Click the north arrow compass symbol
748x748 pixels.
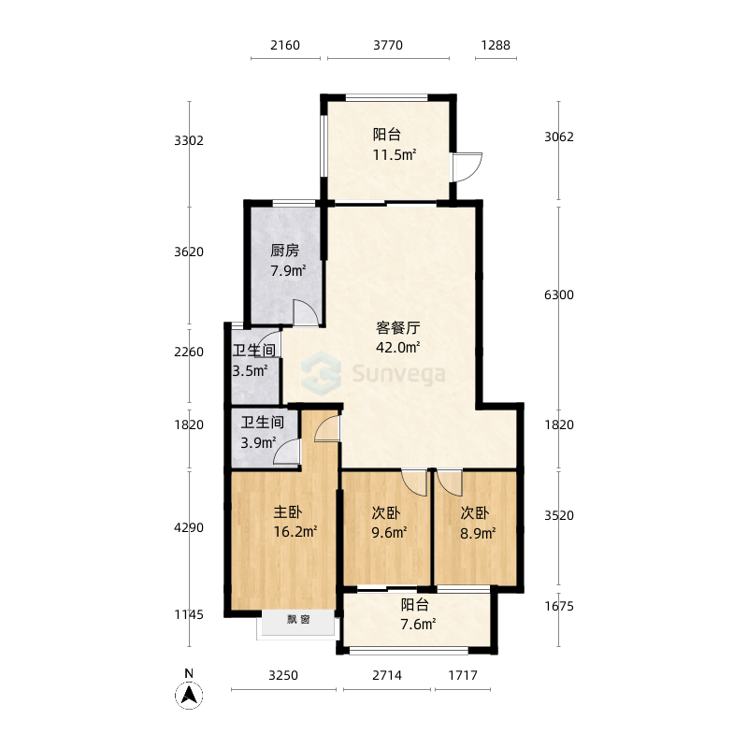[189, 695]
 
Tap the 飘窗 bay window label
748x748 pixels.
[298, 619]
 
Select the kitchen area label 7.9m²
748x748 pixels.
[288, 270]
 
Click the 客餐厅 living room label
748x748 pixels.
[398, 328]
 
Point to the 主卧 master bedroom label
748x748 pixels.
[287, 511]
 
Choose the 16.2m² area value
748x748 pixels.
[295, 531]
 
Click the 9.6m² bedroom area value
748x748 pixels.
[389, 532]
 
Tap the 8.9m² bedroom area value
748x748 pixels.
[478, 532]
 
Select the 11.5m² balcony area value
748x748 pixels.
[395, 154]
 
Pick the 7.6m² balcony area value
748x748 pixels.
[418, 624]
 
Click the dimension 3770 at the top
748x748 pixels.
[388, 45]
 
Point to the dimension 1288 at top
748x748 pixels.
[496, 45]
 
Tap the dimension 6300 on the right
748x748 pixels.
[559, 295]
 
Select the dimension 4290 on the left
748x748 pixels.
[189, 527]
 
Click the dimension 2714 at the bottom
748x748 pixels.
[387, 675]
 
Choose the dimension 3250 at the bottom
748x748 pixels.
[283, 675]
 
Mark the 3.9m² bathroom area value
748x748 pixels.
[258, 443]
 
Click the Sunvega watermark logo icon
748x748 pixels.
[321, 373]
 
